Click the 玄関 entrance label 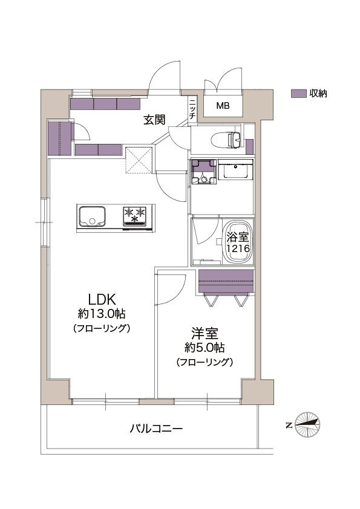click(x=155, y=120)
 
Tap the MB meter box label click(x=223, y=106)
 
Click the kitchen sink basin click(x=92, y=216)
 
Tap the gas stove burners click(x=134, y=216)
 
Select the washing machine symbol click(x=204, y=172)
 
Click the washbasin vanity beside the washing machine click(x=235, y=169)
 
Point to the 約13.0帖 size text click(x=102, y=314)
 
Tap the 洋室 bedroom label click(x=205, y=333)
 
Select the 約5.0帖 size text click(x=205, y=348)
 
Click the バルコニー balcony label click(x=156, y=429)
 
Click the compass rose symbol click(x=307, y=424)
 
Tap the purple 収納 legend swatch click(x=299, y=94)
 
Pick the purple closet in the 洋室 click(x=226, y=281)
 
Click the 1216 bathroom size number click(x=238, y=248)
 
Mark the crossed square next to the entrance click(x=139, y=160)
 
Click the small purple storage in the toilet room click(x=249, y=146)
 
